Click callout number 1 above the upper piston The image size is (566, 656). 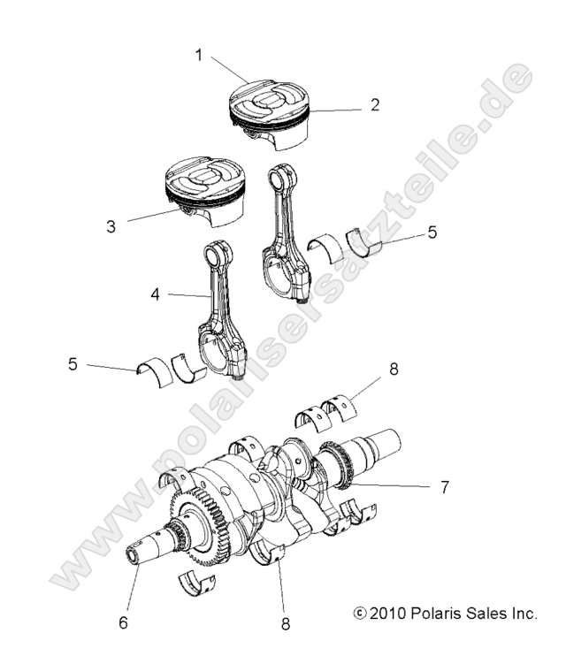199,55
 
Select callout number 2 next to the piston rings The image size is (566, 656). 375,105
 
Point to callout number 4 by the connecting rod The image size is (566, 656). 156,294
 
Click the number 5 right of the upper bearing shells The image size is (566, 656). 432,233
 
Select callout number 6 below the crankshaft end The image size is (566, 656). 123,622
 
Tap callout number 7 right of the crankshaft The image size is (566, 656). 445,486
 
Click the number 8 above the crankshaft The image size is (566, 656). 394,370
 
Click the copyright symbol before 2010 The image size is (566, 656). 358,613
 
